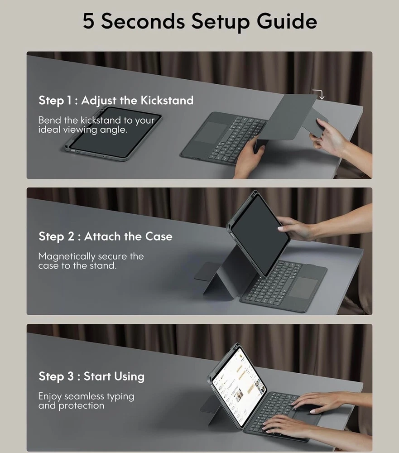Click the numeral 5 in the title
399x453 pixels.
(x=88, y=21)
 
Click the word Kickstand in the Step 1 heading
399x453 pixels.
(x=167, y=100)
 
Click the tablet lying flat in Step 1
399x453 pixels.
(x=113, y=134)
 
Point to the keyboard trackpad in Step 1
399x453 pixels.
(x=211, y=132)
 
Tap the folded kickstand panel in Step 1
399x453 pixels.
(x=295, y=117)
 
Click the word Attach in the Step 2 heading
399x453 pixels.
(x=102, y=236)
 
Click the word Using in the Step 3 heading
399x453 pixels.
(x=129, y=377)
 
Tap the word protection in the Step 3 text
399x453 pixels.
(x=81, y=406)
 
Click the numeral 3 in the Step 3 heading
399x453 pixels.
(x=71, y=376)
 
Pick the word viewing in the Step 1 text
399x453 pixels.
(x=80, y=130)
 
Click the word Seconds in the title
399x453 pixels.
(x=143, y=21)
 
